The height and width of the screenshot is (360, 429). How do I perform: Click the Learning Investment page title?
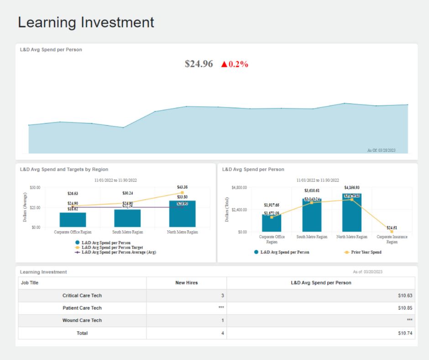(86, 22)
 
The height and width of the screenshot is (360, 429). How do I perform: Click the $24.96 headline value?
(199, 64)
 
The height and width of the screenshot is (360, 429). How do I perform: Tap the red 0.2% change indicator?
(235, 64)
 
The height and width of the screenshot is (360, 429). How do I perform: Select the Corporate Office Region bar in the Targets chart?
(73, 220)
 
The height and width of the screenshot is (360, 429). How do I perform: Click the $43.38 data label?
(183, 187)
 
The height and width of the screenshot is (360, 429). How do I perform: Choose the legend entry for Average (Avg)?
(118, 252)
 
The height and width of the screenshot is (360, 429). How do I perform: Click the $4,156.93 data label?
(352, 187)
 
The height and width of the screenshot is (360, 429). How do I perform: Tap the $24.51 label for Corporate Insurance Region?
(392, 228)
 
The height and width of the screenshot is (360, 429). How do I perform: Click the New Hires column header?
(186, 283)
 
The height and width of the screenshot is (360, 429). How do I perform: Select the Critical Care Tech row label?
(82, 296)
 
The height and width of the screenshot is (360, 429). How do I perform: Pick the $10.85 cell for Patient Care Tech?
(405, 308)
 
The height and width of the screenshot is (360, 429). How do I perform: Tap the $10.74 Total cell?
(405, 333)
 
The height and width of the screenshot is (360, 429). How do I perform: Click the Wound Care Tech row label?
(82, 320)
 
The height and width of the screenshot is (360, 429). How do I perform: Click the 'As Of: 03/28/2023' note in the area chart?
(381, 150)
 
